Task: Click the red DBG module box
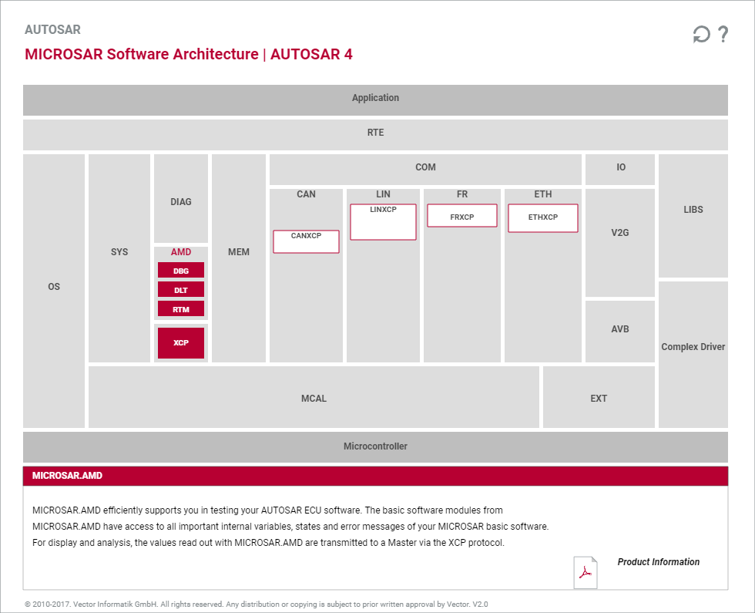tap(181, 271)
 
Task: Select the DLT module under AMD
tap(181, 290)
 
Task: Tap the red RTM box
tap(181, 309)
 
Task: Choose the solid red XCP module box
tap(181, 342)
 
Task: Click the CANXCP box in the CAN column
tap(307, 241)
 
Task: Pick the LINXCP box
tap(384, 222)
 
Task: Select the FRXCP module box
tap(462, 215)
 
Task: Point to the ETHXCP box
tap(543, 217)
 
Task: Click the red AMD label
tap(181, 252)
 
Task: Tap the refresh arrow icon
tap(701, 34)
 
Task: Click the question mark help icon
tap(723, 34)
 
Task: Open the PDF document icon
tap(586, 572)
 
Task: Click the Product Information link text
tap(658, 562)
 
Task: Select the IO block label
tap(621, 167)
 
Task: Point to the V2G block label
tap(620, 233)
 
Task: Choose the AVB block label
tap(620, 329)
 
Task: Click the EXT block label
tap(599, 399)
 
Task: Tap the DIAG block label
tap(181, 202)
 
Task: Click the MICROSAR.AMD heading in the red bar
tap(68, 476)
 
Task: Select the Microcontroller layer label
tap(376, 446)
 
